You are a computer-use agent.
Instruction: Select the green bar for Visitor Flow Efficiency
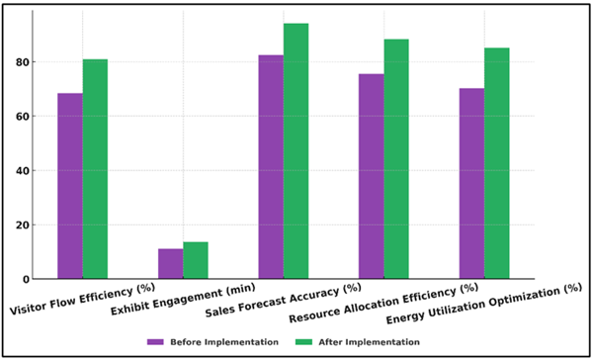pyautogui.click(x=95, y=169)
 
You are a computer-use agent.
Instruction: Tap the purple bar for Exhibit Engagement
pyautogui.click(x=170, y=263)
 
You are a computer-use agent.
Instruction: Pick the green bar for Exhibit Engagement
pyautogui.click(x=196, y=260)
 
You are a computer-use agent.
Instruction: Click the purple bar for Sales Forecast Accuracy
pyautogui.click(x=271, y=166)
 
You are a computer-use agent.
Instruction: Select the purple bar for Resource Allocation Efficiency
pyautogui.click(x=372, y=176)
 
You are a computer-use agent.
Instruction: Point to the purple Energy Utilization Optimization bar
pyautogui.click(x=471, y=183)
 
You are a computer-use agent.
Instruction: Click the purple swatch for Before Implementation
pyautogui.click(x=155, y=341)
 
